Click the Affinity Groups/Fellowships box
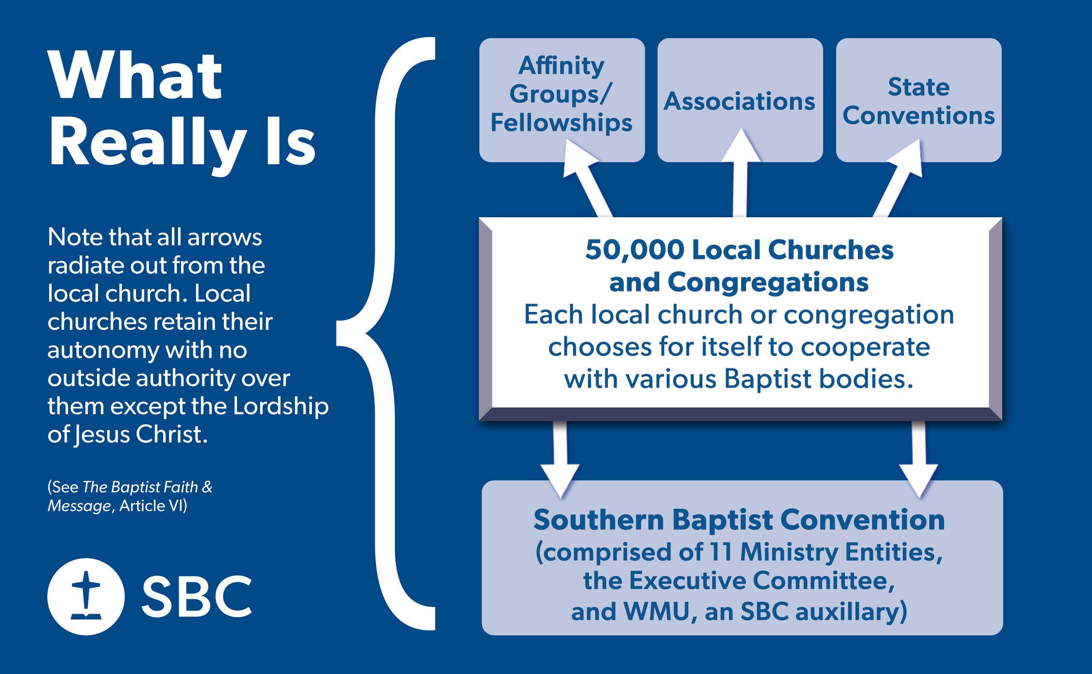(x=561, y=99)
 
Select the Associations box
(x=740, y=100)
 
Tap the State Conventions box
(x=918, y=100)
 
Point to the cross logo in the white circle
(x=86, y=597)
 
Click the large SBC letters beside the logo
(x=196, y=597)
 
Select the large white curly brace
(x=386, y=333)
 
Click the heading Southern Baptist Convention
(x=739, y=520)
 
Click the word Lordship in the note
(x=280, y=407)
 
